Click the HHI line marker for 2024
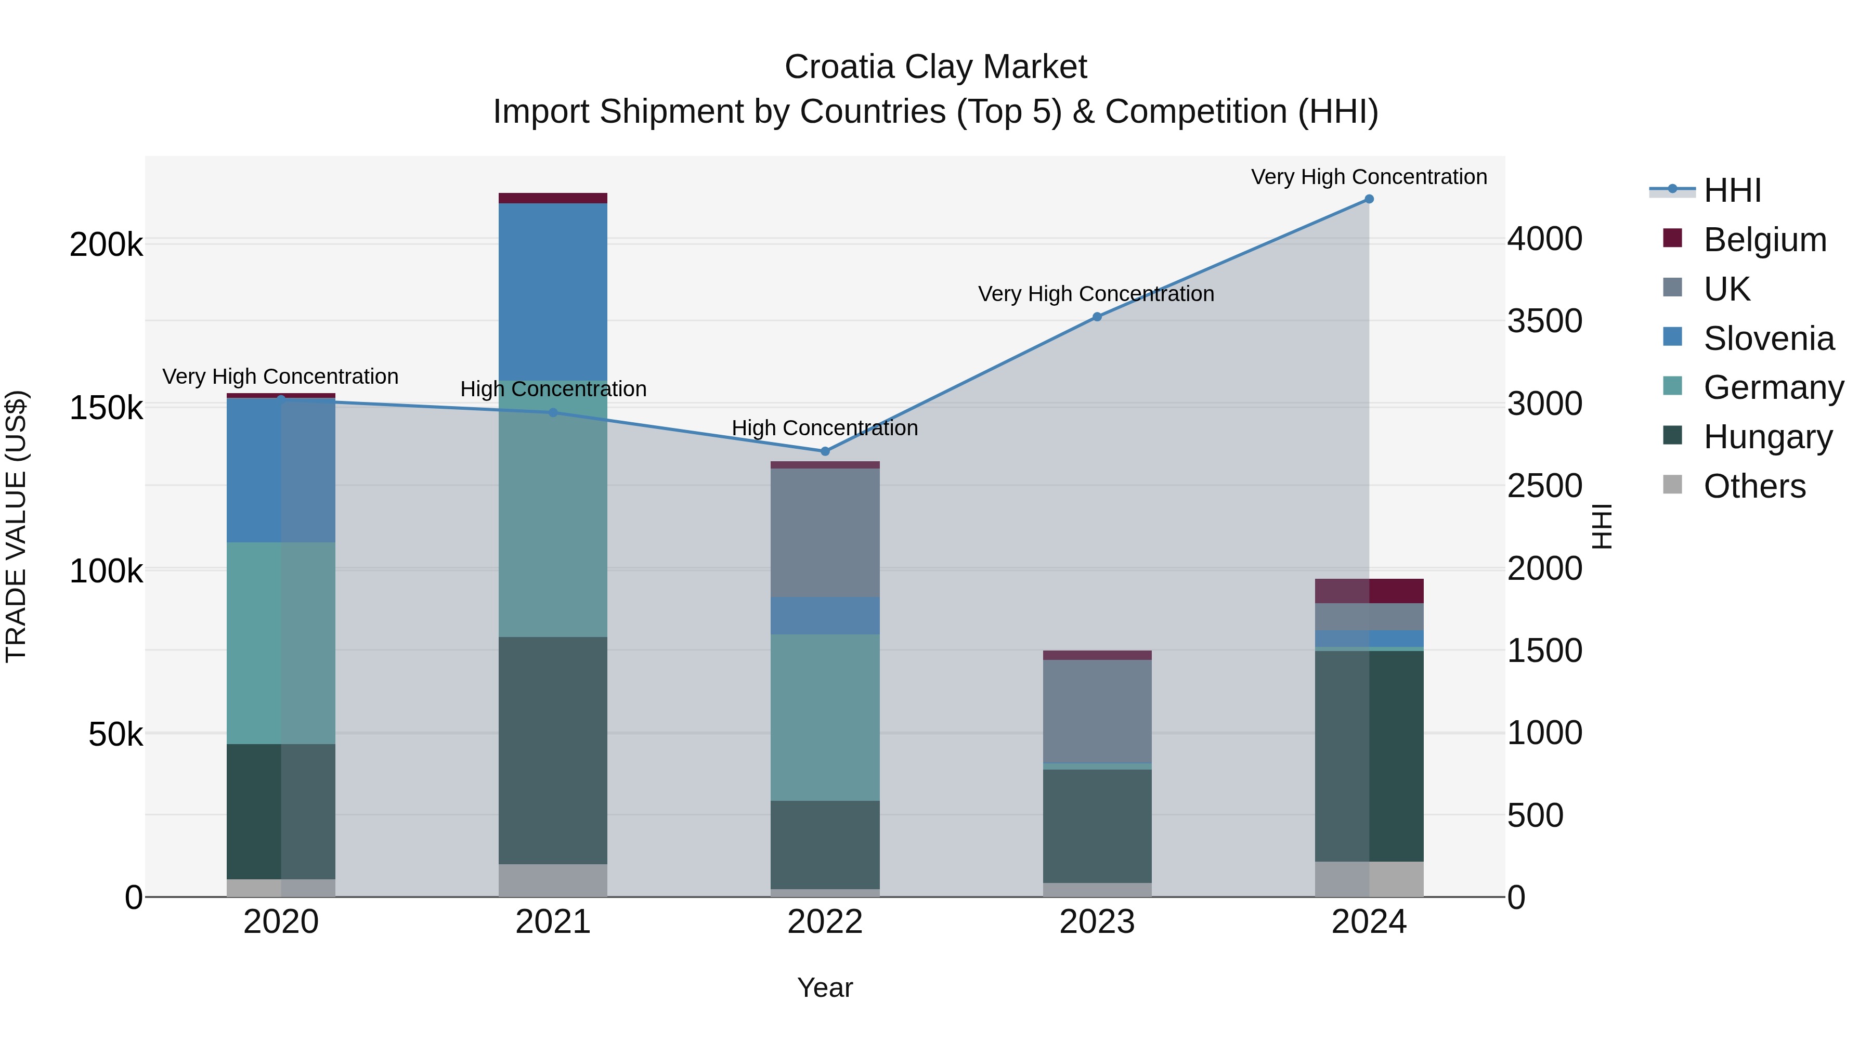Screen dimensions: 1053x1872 tap(1369, 199)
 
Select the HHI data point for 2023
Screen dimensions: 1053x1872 tap(1097, 317)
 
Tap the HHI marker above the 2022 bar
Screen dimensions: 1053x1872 tap(825, 451)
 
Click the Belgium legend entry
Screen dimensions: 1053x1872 tap(1764, 240)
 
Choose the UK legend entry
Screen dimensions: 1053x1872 tap(1726, 289)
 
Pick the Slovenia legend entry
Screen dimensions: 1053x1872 tap(1768, 339)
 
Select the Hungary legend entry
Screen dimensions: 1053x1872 tap(1767, 437)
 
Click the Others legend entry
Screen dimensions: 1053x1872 tap(1754, 486)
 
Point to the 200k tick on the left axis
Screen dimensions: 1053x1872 tap(106, 245)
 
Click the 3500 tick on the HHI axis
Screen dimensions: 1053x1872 tap(1544, 321)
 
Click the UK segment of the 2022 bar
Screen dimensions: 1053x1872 tap(825, 532)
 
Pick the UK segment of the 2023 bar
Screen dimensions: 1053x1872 tap(1097, 711)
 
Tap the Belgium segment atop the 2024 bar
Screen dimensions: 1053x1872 tap(1369, 591)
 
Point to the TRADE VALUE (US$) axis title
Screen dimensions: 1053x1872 tap(16, 526)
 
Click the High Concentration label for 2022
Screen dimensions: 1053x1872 tap(825, 428)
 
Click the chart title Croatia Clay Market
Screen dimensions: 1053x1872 tap(935, 67)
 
